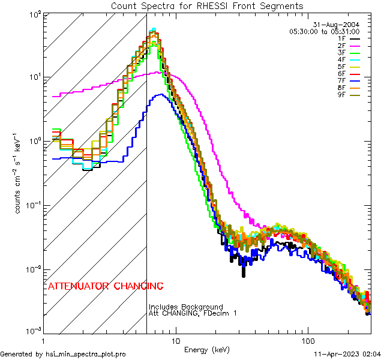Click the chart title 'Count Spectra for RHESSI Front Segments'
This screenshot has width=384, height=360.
[207, 6]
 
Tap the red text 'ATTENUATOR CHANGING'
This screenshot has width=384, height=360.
[106, 286]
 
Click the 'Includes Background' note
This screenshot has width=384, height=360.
[185, 307]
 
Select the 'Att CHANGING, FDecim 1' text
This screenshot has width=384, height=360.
[193, 313]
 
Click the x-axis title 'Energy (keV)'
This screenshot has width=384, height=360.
[206, 349]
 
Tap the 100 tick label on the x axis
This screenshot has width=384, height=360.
[308, 340]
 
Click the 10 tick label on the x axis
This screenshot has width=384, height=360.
[175, 340]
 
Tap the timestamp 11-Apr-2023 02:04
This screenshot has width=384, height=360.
[347, 355]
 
